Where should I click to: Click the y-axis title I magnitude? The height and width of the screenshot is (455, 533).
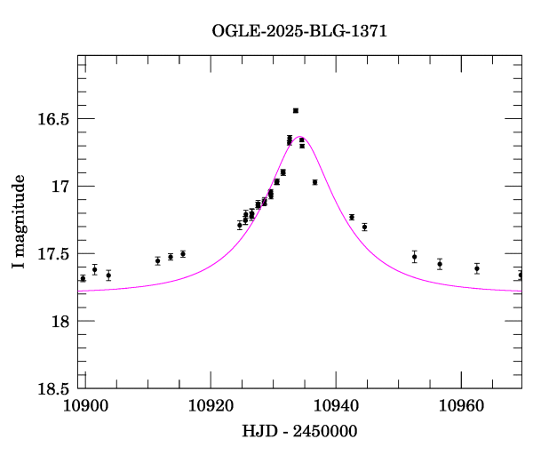[19, 222]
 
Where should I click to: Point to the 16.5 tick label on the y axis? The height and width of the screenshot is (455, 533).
[54, 119]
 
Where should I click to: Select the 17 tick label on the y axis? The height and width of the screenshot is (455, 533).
[60, 187]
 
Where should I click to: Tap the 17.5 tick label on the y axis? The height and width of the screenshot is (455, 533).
[54, 254]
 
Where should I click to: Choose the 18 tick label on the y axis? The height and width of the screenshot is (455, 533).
[60, 321]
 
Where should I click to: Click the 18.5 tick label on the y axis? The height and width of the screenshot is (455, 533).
[54, 388]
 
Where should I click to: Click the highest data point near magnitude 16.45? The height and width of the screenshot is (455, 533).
[296, 110]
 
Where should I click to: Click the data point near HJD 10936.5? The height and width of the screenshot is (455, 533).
[314, 182]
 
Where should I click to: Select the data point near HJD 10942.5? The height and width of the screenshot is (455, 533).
[352, 217]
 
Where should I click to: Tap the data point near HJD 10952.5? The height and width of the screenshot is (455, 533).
[414, 257]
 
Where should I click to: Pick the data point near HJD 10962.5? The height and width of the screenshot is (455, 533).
[477, 268]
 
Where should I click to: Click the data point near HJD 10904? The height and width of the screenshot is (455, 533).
[108, 275]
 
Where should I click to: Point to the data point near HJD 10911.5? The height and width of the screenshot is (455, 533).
[157, 260]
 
